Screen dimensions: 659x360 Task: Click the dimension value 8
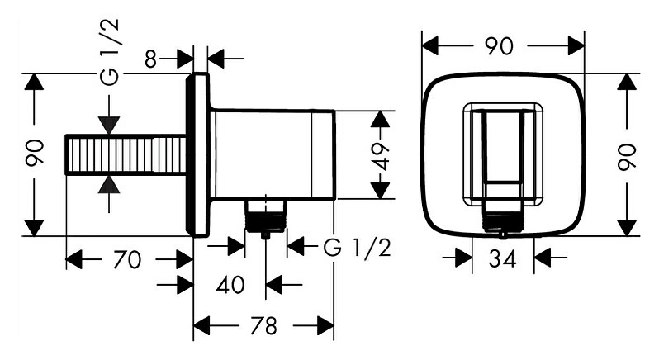click(x=150, y=59)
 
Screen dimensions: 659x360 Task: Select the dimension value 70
click(x=127, y=260)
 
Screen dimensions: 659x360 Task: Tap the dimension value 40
click(x=230, y=285)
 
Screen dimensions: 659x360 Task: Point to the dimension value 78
click(x=264, y=325)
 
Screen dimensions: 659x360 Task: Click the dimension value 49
click(x=381, y=156)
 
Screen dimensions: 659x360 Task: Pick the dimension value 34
click(x=502, y=259)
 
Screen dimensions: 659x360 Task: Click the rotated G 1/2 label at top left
click(x=111, y=52)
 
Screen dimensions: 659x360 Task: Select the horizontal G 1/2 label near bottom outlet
click(x=358, y=248)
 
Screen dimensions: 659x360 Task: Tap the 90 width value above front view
click(x=499, y=45)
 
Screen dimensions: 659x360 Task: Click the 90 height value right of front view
click(x=627, y=156)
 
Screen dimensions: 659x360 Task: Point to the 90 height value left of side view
click(x=35, y=153)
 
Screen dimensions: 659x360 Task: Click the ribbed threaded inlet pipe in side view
click(x=126, y=154)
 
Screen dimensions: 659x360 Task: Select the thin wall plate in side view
click(x=197, y=154)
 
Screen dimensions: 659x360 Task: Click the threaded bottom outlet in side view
click(x=266, y=216)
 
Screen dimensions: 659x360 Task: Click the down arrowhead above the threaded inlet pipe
click(x=109, y=126)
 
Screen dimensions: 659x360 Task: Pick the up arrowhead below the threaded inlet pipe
click(x=109, y=184)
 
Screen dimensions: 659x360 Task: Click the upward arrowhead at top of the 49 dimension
click(x=381, y=119)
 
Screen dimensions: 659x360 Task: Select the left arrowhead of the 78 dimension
click(x=201, y=325)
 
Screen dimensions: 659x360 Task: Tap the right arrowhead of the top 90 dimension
click(x=576, y=45)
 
